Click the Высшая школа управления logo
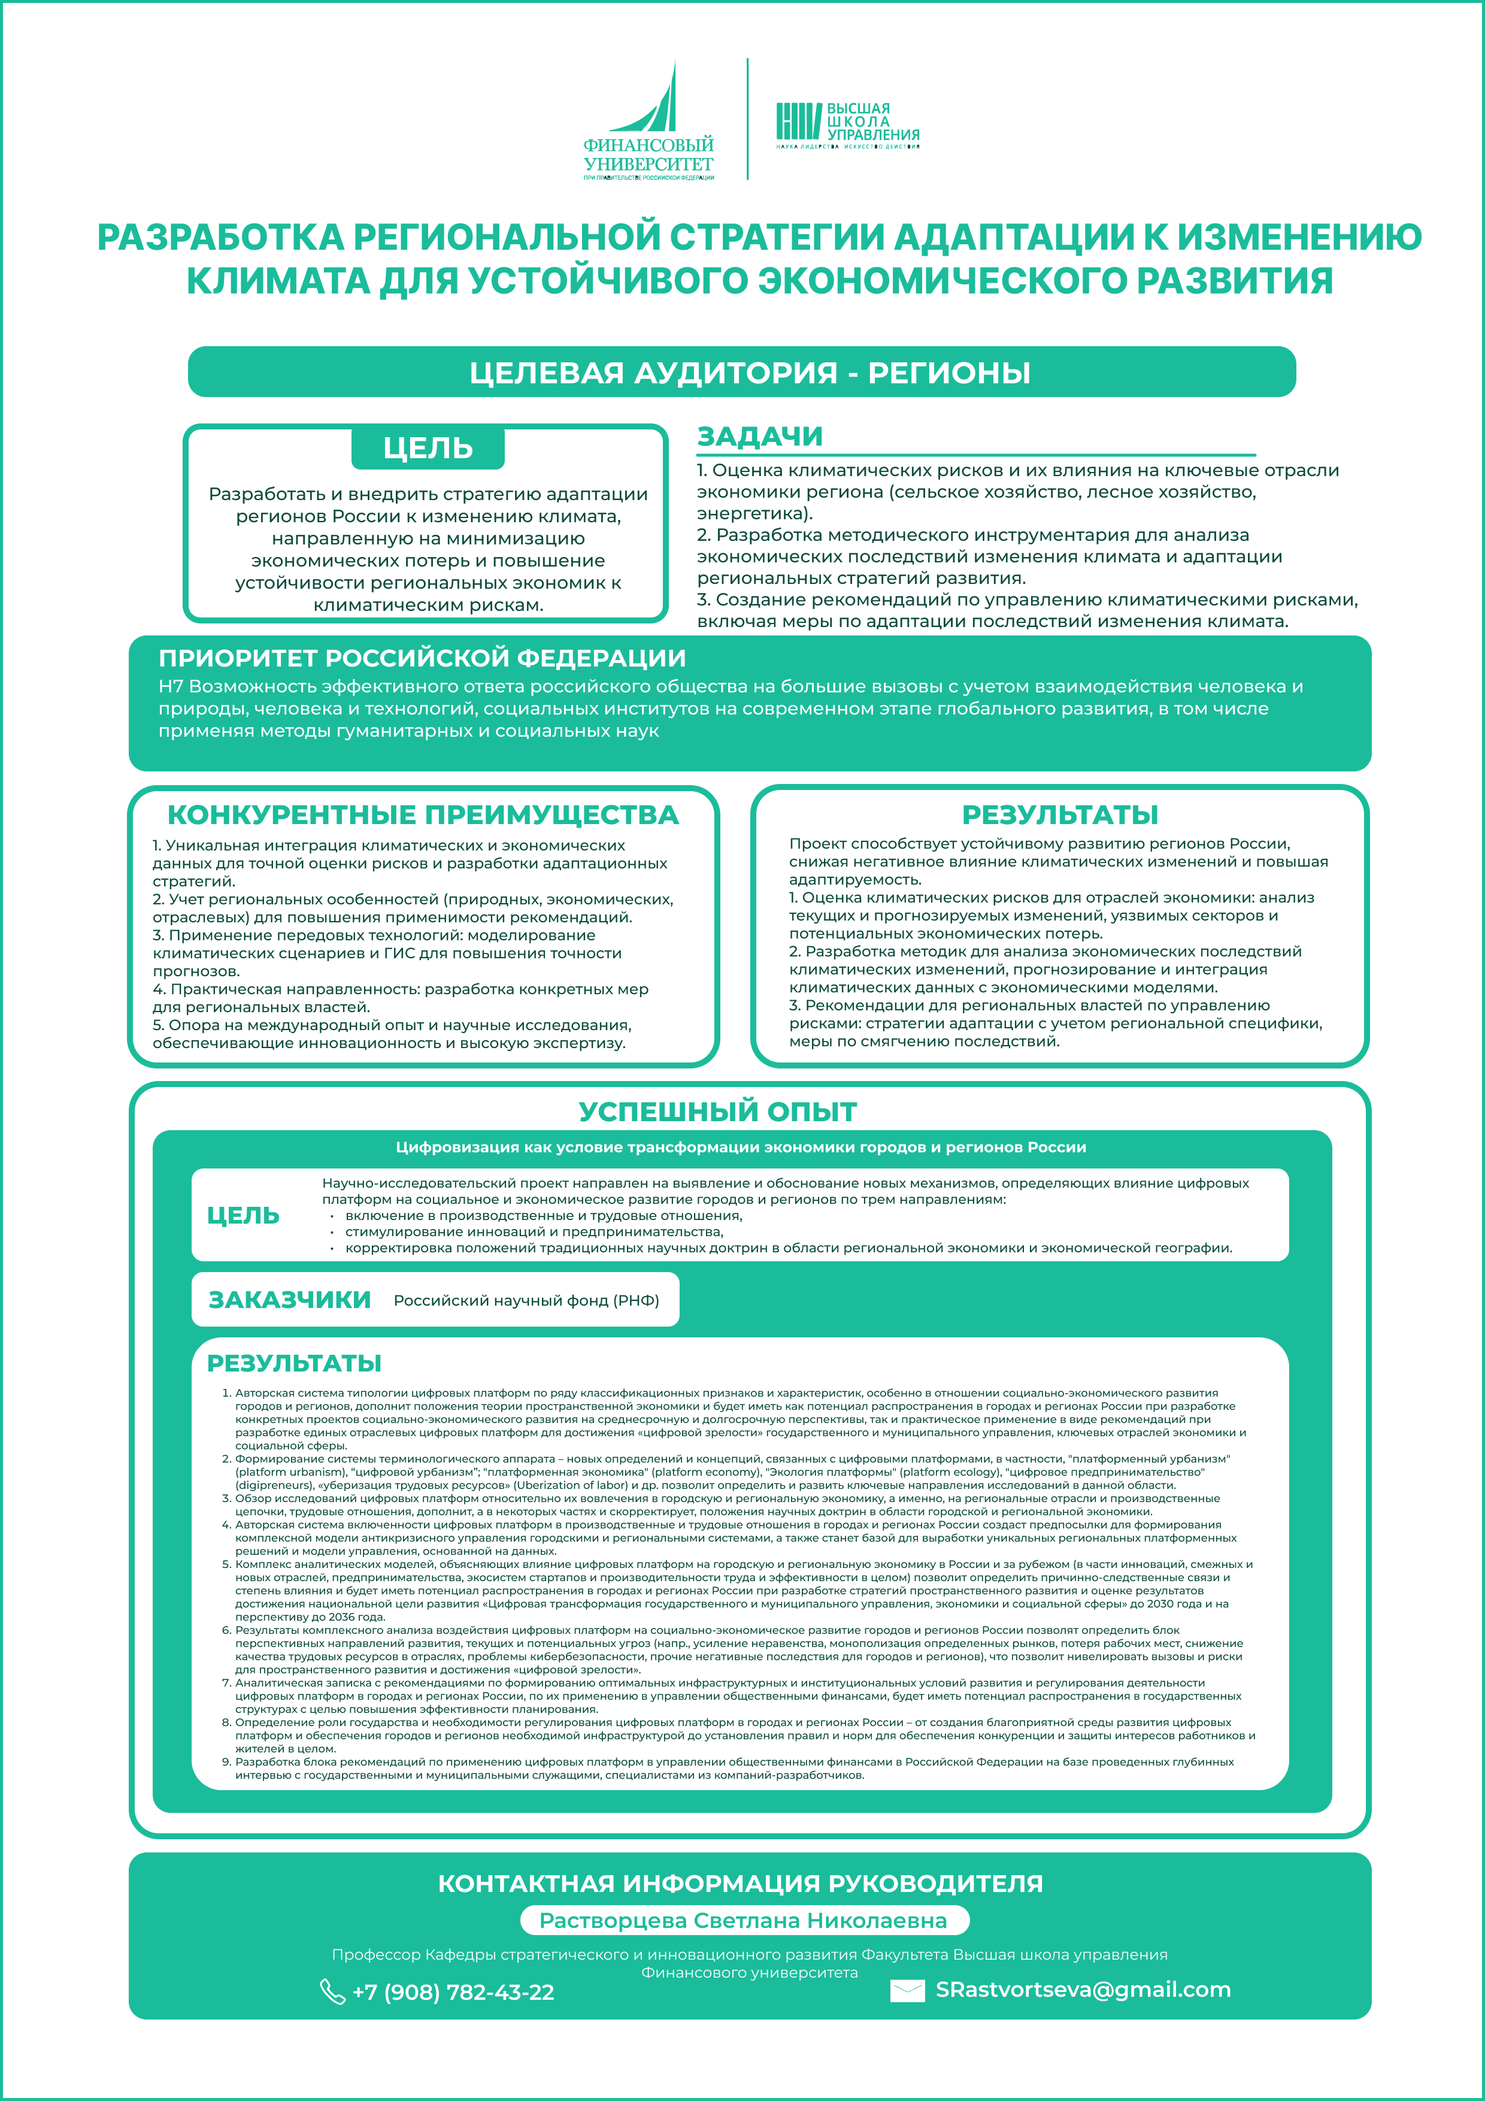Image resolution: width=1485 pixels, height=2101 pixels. click(847, 125)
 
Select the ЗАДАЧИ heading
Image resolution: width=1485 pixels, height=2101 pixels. click(759, 437)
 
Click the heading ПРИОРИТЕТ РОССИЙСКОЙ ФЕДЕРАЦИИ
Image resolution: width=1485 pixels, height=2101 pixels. click(422, 658)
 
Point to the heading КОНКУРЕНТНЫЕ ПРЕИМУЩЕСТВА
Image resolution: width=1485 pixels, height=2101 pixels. click(423, 815)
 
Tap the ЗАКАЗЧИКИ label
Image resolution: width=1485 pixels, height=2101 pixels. click(289, 1300)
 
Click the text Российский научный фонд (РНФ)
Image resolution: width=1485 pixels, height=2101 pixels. click(526, 1300)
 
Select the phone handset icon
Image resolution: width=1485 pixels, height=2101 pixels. click(331, 1992)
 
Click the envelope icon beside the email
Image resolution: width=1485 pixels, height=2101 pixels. click(907, 1991)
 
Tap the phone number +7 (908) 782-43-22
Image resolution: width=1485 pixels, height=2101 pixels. click(453, 1992)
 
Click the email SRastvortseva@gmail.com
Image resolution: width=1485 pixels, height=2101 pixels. click(1083, 1990)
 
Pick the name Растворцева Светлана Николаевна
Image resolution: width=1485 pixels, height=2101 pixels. click(743, 1921)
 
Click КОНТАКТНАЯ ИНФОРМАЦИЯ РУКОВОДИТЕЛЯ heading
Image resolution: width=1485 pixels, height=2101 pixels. click(740, 1883)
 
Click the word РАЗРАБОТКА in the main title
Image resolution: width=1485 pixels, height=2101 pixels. click(220, 237)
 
